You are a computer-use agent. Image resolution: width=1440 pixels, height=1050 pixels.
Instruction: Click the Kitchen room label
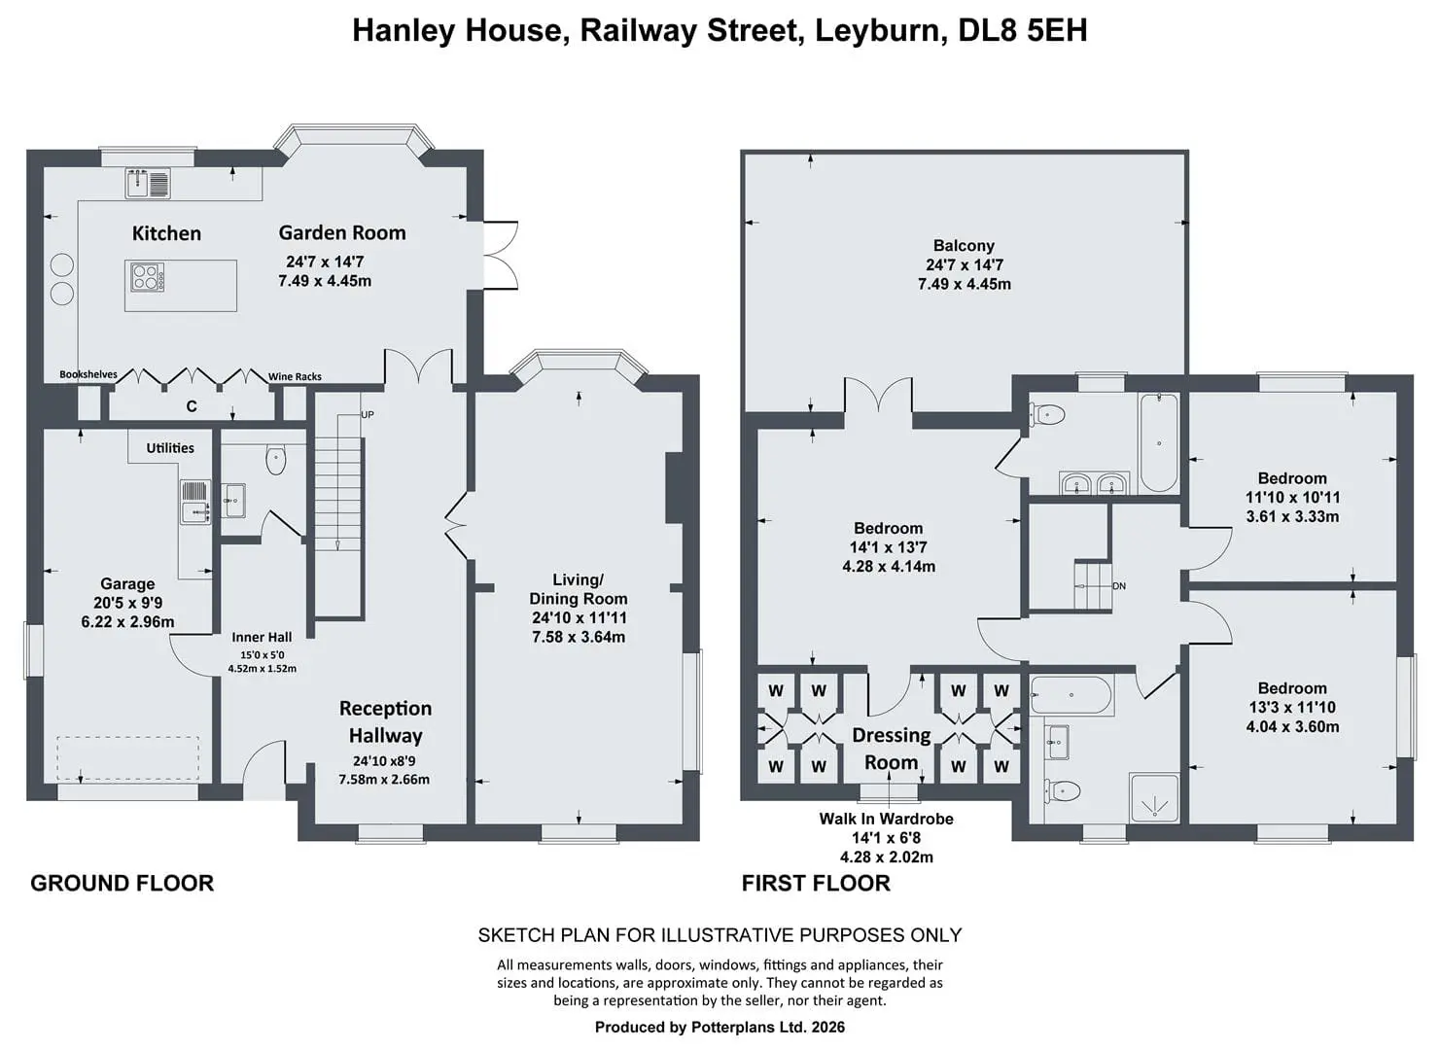point(166,232)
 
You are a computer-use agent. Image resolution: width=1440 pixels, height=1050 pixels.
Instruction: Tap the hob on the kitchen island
point(147,277)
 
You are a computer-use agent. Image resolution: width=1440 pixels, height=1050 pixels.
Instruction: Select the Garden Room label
point(342,232)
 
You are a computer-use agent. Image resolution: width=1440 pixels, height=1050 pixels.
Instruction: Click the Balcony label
point(964,246)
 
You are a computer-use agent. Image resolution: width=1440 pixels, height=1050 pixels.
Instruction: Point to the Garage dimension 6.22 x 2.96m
point(127,622)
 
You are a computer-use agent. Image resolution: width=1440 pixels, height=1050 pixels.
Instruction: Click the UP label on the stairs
point(368,415)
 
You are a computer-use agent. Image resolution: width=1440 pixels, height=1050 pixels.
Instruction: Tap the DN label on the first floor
point(1119,586)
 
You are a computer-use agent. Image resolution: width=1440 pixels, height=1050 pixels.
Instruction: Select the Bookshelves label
point(88,374)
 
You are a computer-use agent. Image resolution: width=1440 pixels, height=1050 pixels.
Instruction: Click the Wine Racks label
point(295,377)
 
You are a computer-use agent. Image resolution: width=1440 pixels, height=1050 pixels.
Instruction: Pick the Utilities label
point(170,448)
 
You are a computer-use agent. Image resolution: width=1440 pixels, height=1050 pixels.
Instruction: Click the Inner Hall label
point(262,637)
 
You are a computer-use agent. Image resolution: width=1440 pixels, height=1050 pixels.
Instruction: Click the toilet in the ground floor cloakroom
point(276,460)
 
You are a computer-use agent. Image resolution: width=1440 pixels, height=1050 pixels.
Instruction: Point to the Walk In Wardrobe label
point(886,819)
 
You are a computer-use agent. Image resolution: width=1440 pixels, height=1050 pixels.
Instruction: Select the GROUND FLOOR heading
point(123,883)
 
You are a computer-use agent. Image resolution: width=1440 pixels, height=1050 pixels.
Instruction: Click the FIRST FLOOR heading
point(816,883)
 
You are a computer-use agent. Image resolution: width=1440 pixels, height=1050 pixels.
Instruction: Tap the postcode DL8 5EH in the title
point(1023,30)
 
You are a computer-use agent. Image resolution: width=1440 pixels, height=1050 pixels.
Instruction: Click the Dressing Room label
point(891,749)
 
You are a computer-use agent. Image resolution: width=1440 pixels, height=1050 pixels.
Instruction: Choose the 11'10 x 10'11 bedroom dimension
point(1292,497)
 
